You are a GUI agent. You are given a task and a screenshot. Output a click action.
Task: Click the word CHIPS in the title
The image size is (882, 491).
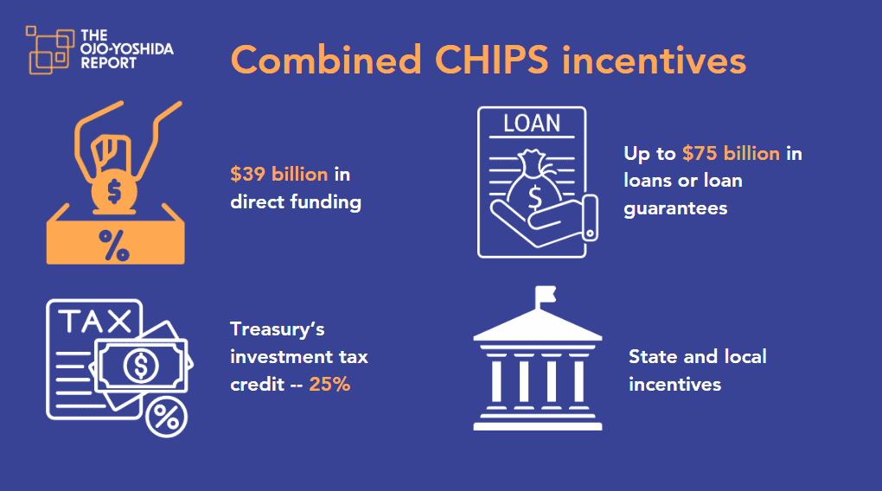(x=492, y=60)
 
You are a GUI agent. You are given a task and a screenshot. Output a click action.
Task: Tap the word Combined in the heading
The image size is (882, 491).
(x=326, y=59)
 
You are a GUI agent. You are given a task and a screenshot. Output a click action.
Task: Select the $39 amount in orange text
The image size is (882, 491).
(x=247, y=175)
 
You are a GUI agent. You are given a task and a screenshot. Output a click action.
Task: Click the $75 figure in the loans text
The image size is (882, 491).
(x=700, y=154)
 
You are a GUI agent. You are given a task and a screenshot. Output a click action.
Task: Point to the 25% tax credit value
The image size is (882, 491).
(x=329, y=384)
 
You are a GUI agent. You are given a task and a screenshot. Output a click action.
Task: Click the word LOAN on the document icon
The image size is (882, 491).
(x=532, y=123)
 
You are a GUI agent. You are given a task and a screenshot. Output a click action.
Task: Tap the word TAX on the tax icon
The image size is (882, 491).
(x=95, y=322)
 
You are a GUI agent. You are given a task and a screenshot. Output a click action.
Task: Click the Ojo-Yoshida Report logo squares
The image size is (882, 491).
(x=49, y=50)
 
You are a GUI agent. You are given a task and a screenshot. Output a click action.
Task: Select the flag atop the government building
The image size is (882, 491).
(x=546, y=294)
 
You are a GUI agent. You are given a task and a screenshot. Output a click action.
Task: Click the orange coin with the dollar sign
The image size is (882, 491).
(x=114, y=192)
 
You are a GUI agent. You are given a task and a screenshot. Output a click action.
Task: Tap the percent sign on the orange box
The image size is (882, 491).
(x=114, y=245)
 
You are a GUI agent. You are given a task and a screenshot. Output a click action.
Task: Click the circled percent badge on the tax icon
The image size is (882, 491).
(x=166, y=417)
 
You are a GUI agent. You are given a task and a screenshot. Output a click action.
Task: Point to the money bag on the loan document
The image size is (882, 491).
(x=534, y=182)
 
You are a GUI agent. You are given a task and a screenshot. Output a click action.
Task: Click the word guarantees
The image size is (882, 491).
(x=675, y=209)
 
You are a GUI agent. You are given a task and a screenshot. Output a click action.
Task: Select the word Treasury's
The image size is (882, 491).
(x=278, y=329)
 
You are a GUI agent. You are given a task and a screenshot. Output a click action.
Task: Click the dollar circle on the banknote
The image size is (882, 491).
(x=141, y=366)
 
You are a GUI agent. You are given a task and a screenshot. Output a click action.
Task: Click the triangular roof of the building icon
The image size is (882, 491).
(x=538, y=326)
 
